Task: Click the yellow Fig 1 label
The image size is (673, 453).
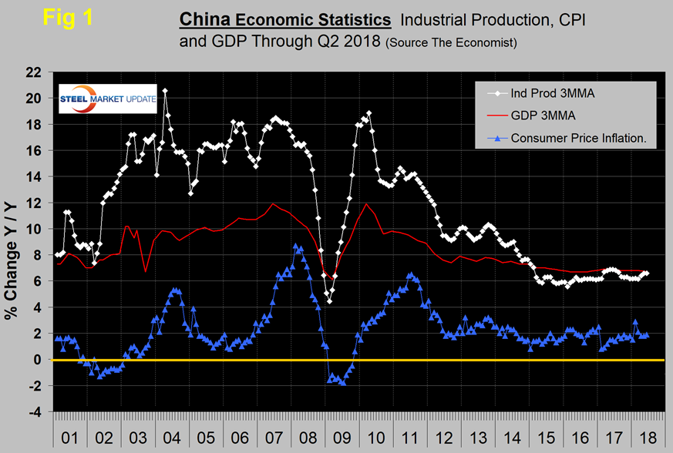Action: [x=67, y=18]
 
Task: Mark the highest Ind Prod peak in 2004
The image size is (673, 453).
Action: [x=165, y=91]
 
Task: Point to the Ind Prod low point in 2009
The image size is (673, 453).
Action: [x=330, y=301]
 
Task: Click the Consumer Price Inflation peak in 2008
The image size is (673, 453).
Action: [x=296, y=246]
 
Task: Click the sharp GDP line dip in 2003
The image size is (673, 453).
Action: [x=146, y=271]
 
